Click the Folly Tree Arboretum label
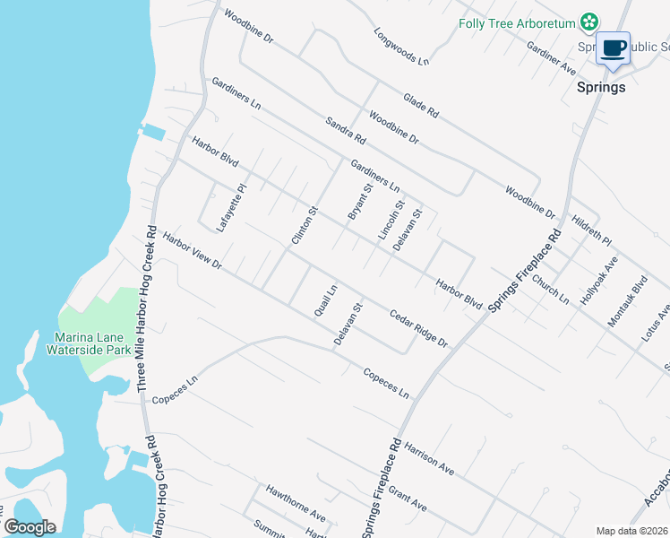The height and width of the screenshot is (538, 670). tap(516, 23)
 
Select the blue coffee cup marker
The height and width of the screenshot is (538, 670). tap(614, 48)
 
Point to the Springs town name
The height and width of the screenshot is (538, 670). tap(600, 88)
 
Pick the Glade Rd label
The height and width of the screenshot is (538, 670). tap(421, 107)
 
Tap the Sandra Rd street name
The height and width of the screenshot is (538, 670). tap(347, 131)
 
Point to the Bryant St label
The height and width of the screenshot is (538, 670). tap(359, 202)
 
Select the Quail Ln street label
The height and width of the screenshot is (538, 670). tap(324, 300)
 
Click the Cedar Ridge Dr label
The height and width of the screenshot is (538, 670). tap(418, 329)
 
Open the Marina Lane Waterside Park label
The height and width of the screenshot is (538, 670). tap(93, 343)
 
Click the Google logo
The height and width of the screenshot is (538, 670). tap(30, 527)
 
